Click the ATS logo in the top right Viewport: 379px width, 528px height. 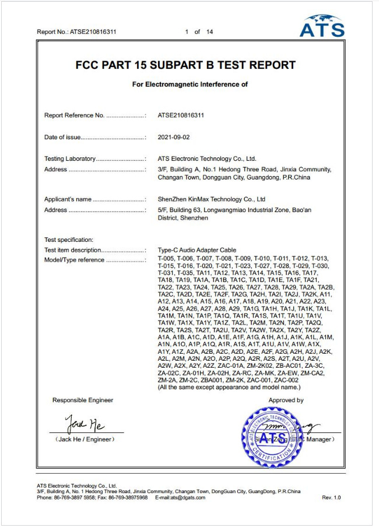pos(322,26)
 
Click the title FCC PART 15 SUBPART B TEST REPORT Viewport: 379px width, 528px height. pos(185,65)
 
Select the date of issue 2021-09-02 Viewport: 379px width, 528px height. pos(174,138)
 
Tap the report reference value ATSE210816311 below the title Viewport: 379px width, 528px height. pos(181,115)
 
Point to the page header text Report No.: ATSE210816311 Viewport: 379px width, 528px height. pos(76,31)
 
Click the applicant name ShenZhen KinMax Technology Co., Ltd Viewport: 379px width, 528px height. pos(212,199)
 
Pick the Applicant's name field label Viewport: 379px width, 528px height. pos(68,199)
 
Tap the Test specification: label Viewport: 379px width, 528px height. pos(69,240)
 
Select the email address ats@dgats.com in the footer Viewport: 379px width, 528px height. pos(184,497)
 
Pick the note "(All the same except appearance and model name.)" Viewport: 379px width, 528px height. pos(229,387)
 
